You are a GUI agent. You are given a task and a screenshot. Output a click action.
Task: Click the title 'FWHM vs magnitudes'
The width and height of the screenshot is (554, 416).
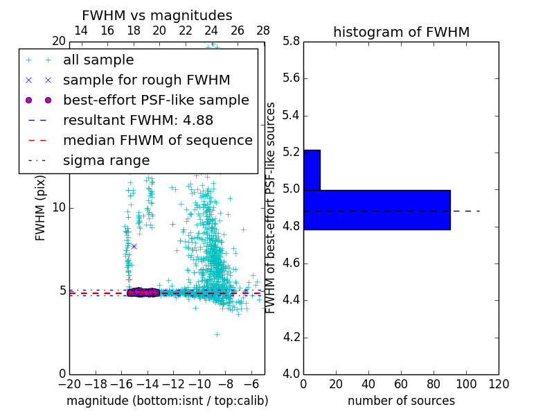point(157,15)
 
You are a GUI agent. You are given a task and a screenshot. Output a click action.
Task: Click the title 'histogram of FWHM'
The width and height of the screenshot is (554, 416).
point(401,32)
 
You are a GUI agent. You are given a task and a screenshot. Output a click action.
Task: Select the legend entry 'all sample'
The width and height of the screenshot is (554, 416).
point(98,60)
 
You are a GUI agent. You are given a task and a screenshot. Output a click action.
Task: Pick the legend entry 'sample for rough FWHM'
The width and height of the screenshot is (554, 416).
point(146,80)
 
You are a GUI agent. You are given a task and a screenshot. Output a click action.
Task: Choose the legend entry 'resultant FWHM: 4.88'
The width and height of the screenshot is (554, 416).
point(138,120)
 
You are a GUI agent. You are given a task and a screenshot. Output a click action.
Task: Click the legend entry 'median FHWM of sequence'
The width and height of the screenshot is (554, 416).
point(157,140)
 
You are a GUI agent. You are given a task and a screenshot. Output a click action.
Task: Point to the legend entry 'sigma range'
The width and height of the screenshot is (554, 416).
point(106,160)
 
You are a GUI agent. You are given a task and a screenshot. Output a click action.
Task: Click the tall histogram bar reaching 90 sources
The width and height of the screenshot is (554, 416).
point(377,209)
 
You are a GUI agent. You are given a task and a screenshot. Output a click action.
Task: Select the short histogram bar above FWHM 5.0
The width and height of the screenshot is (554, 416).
point(312,170)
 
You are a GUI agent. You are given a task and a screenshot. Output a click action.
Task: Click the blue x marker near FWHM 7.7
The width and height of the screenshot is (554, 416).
point(134,246)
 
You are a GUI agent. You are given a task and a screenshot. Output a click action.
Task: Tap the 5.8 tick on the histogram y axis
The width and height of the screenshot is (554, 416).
point(291,41)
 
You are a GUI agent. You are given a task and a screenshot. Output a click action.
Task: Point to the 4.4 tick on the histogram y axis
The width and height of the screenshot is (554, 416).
point(291,300)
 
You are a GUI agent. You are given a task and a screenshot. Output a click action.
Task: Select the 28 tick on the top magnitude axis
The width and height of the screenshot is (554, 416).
point(263,31)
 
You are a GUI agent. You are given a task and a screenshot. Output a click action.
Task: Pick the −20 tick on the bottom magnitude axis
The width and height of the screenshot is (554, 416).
point(69,383)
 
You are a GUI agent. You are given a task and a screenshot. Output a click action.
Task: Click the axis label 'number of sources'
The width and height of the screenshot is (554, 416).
point(401,401)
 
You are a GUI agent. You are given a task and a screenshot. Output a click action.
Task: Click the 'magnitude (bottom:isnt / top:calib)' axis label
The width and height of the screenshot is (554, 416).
point(167,401)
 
